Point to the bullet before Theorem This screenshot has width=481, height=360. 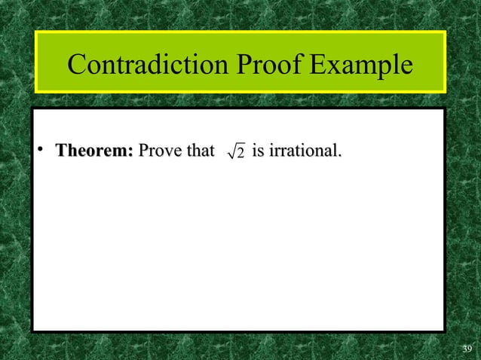click(44, 153)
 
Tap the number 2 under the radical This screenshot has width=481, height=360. click(240, 155)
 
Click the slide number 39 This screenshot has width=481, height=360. click(467, 348)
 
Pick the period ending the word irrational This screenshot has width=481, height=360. click(339, 157)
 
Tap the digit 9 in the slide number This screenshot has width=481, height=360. click(469, 348)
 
